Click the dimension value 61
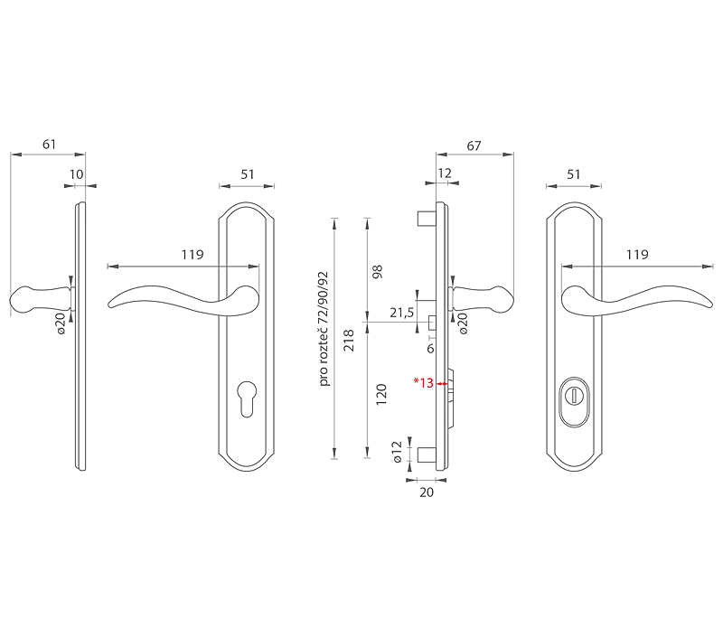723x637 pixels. [49, 145]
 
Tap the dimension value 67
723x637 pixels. [474, 145]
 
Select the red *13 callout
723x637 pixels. [423, 382]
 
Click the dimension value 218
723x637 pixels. [349, 340]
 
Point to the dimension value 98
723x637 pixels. [377, 271]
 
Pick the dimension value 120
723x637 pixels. [380, 395]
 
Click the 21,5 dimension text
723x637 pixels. [401, 313]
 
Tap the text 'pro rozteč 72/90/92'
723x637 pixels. [324, 329]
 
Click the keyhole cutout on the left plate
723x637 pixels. [247, 398]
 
